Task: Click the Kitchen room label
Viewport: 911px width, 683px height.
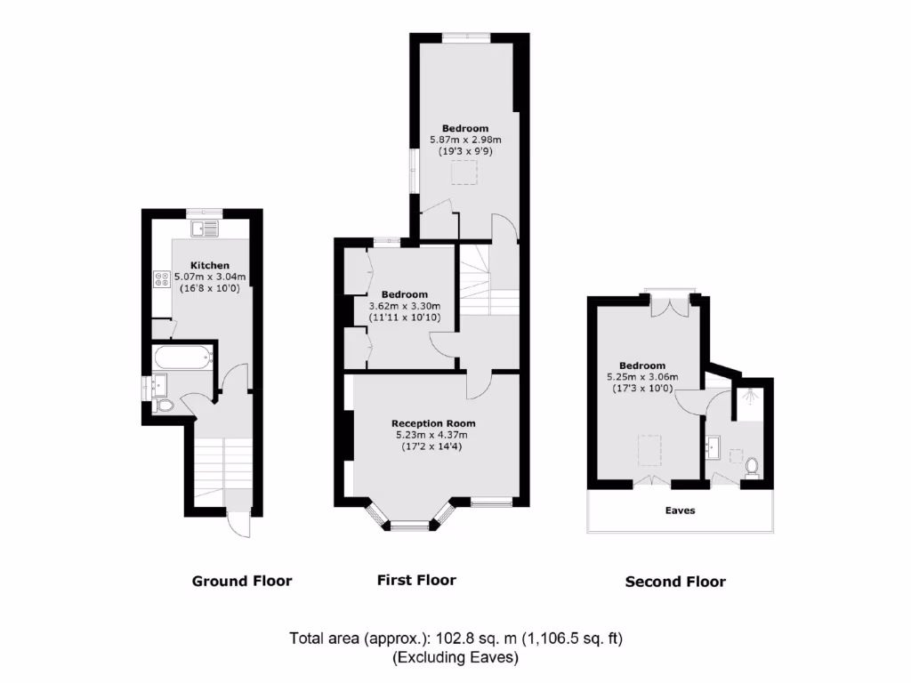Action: (x=210, y=265)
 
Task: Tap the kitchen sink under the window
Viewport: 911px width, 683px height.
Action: (x=208, y=229)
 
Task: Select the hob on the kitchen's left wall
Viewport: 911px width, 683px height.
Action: (x=163, y=279)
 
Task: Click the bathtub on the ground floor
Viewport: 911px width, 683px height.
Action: (x=183, y=359)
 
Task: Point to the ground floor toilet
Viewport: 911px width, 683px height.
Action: (x=163, y=406)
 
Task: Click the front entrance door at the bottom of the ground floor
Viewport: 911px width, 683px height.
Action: (x=238, y=525)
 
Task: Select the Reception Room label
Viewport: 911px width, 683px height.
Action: (x=433, y=423)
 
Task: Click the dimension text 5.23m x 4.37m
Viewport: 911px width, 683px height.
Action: (x=431, y=435)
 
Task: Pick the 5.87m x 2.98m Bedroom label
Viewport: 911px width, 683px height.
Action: (x=465, y=128)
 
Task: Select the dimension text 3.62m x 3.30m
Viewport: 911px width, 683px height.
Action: (x=404, y=306)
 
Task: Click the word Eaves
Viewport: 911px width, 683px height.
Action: (x=680, y=510)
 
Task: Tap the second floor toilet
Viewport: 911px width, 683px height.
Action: (x=751, y=466)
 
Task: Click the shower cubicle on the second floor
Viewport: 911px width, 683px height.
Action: (x=752, y=400)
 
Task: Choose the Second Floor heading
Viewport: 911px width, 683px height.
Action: (x=675, y=583)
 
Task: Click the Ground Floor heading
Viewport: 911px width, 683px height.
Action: (x=242, y=582)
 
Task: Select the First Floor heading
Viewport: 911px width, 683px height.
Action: (x=416, y=581)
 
